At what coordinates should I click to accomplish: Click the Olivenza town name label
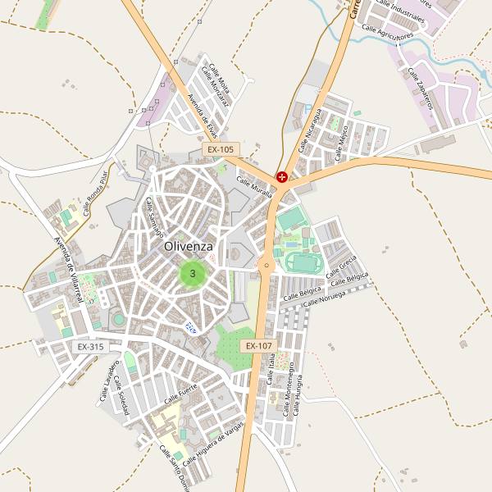[189, 246]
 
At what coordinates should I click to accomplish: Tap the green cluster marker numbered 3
[193, 273]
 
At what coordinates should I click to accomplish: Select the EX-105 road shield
[220, 150]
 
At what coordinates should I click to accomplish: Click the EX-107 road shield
[257, 346]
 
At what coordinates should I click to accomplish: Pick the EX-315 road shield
[90, 347]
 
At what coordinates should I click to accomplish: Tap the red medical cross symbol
[282, 176]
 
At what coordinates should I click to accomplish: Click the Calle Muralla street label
[254, 189]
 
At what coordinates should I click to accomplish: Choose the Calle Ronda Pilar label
[95, 192]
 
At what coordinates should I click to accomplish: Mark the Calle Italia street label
[271, 368]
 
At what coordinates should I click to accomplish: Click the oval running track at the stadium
[303, 262]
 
